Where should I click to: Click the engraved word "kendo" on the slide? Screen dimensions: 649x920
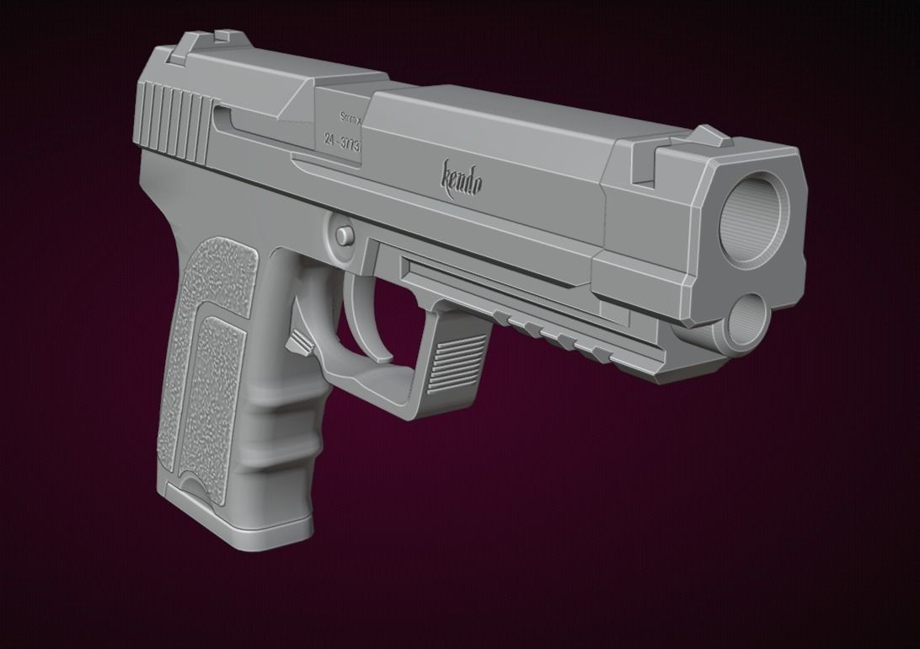(x=463, y=177)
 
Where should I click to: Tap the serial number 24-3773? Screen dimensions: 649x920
(x=342, y=142)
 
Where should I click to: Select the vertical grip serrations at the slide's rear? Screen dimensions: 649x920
(x=176, y=123)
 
